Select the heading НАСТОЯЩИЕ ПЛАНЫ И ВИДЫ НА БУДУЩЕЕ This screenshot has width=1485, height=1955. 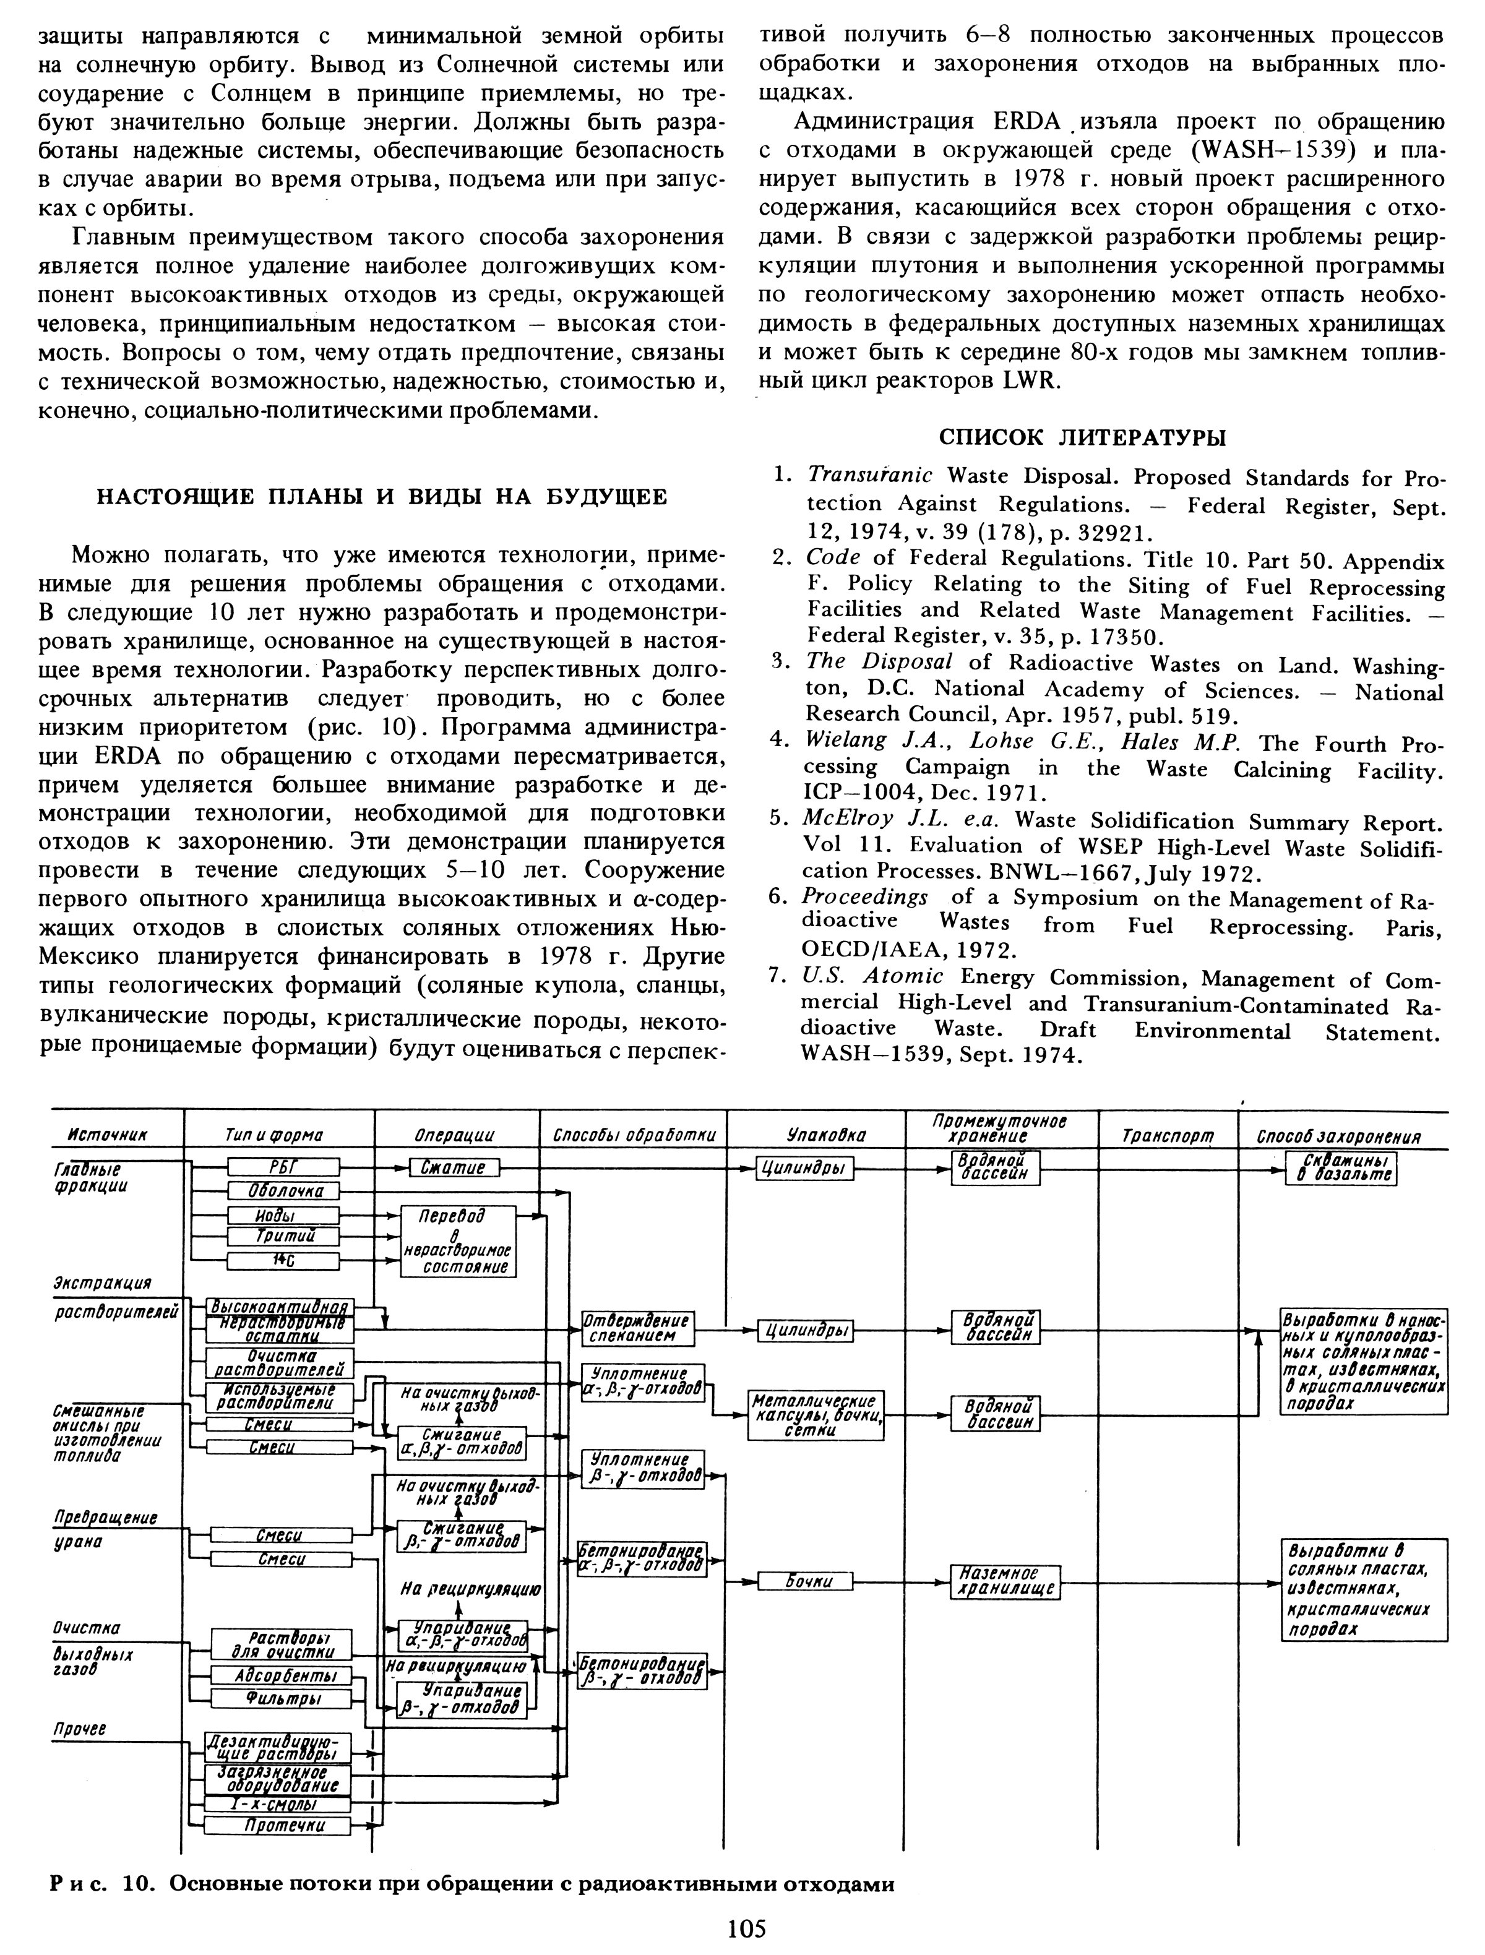pos(381,497)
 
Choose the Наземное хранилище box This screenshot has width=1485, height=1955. pos(1005,1583)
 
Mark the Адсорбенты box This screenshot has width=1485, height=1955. pos(280,1677)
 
